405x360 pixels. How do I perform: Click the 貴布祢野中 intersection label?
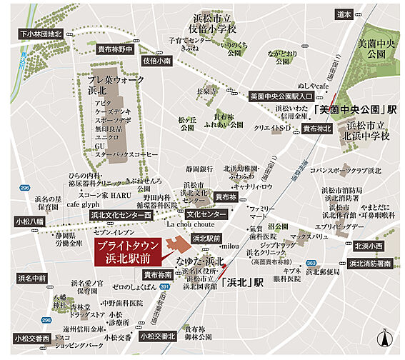coord(116,49)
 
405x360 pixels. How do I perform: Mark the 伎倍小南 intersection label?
coord(156,61)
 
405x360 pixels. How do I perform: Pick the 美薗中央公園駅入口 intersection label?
coord(281,96)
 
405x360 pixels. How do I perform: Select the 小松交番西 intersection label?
coord(31,338)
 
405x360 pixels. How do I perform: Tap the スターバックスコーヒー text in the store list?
coord(125,154)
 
